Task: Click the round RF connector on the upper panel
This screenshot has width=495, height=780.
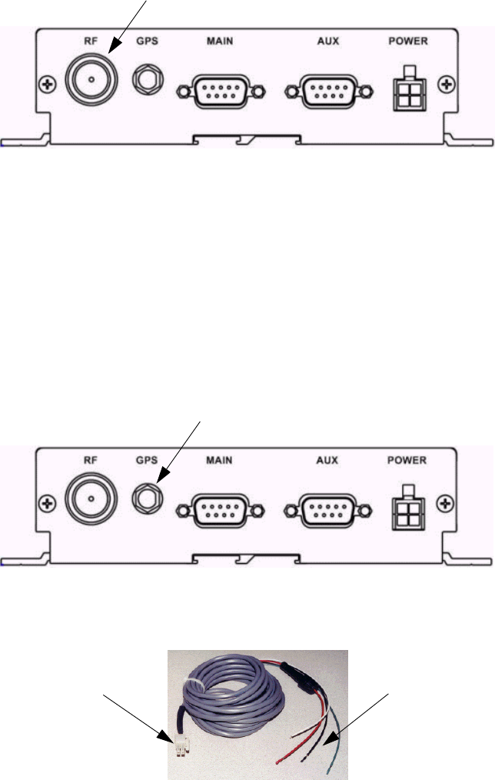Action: coord(90,81)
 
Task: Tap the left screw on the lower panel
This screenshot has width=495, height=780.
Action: coord(48,500)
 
